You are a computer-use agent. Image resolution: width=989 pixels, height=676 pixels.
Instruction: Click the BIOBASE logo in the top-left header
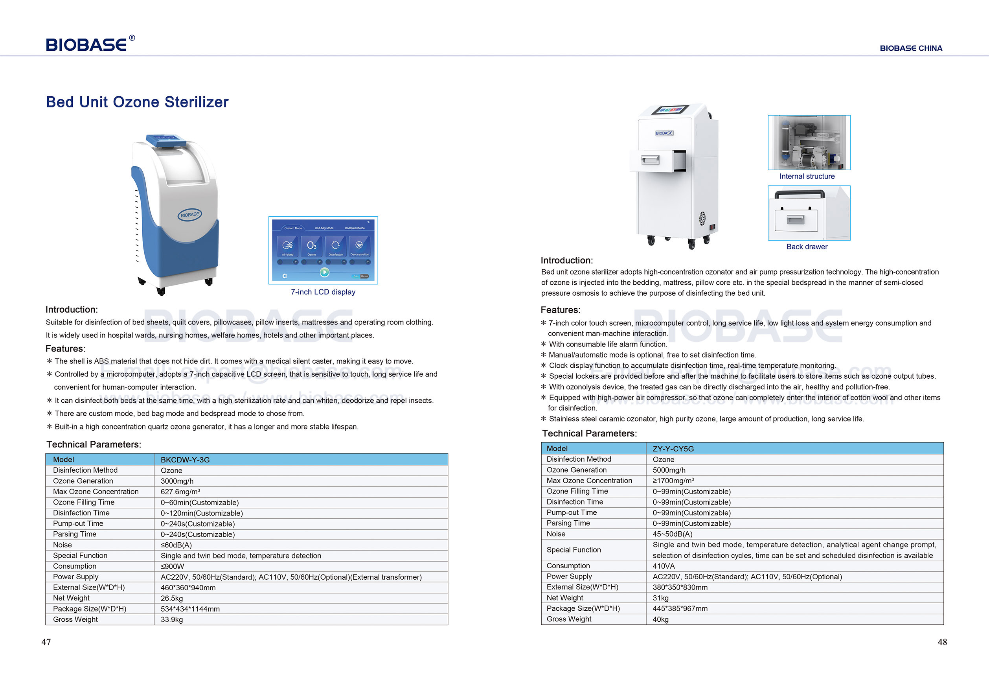tap(90, 44)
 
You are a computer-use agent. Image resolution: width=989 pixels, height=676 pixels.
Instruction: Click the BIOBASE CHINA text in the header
tap(911, 48)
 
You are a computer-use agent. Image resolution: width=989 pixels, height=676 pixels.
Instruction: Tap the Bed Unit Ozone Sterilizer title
tap(137, 102)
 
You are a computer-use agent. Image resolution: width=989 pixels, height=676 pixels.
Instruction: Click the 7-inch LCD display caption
tap(323, 292)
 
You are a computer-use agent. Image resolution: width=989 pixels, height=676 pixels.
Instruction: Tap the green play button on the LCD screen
tap(324, 272)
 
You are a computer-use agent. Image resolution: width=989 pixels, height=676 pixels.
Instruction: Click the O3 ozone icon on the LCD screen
tap(311, 246)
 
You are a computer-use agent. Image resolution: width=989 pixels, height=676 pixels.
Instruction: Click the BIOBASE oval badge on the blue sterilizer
tap(189, 215)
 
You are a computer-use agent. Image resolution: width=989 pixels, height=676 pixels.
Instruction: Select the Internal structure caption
tap(807, 176)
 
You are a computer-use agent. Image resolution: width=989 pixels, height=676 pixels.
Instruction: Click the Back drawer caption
tap(807, 247)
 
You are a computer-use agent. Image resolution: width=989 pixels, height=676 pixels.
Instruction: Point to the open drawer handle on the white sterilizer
tap(650, 160)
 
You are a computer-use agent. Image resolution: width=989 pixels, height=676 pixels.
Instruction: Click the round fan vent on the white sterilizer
tap(702, 219)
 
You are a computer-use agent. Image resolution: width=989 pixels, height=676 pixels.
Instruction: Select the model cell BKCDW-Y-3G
tap(185, 460)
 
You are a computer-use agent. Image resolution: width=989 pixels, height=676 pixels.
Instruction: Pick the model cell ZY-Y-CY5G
tap(673, 449)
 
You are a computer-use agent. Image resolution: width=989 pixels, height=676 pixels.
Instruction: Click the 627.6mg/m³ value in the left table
tap(180, 492)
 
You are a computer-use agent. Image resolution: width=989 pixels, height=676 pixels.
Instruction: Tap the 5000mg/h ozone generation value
tap(669, 470)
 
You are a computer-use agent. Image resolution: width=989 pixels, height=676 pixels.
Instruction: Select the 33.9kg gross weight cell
tap(171, 620)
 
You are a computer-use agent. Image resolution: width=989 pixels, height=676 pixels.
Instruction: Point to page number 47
tap(46, 642)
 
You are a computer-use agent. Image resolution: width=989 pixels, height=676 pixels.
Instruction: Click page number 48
tap(942, 642)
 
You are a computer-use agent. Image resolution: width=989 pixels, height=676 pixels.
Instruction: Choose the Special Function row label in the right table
tap(573, 550)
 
